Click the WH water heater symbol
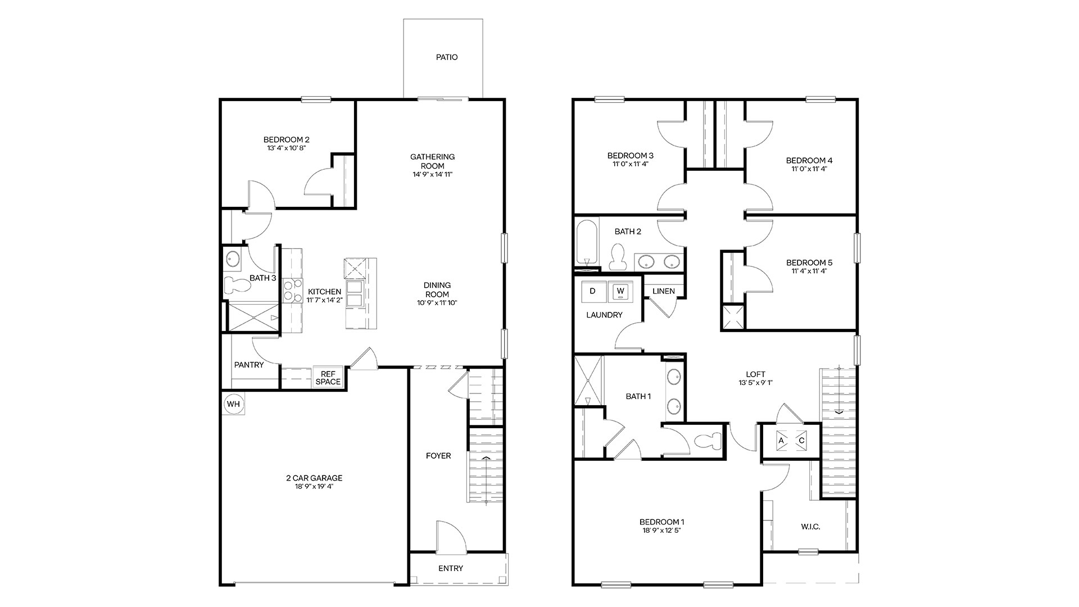[x=233, y=404]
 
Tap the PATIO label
[x=447, y=57]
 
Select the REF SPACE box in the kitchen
[x=328, y=378]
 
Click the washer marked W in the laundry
[x=620, y=291]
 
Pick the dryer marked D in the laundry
[x=592, y=291]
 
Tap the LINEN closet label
[x=664, y=292]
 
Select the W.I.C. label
[x=810, y=527]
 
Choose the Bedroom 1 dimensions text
[x=662, y=530]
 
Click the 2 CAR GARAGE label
[x=314, y=478]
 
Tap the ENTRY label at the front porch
[x=451, y=568]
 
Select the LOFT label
[x=756, y=374]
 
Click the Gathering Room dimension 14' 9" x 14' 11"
[x=433, y=174]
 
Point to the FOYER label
[x=438, y=456]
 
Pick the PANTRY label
[x=249, y=365]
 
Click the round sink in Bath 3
[x=233, y=260]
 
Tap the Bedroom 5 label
[x=809, y=262]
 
